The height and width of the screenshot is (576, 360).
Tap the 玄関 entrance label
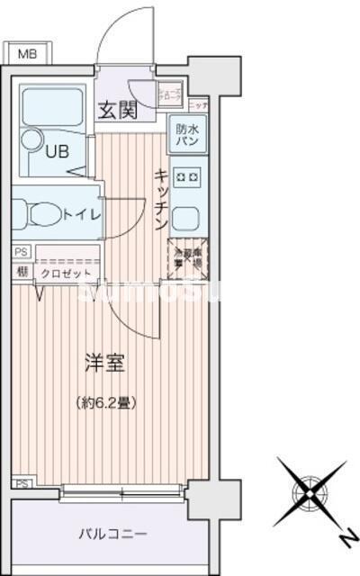[x=116, y=112]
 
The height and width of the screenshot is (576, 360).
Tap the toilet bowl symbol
[x=40, y=215]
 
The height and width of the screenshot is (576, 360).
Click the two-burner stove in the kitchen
[x=189, y=176]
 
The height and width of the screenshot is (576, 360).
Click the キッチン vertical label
[x=161, y=200]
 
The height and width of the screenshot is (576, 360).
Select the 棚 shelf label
[x=21, y=270]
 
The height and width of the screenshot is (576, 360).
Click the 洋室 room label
[x=104, y=364]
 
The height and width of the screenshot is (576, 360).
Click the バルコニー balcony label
[x=110, y=535]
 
